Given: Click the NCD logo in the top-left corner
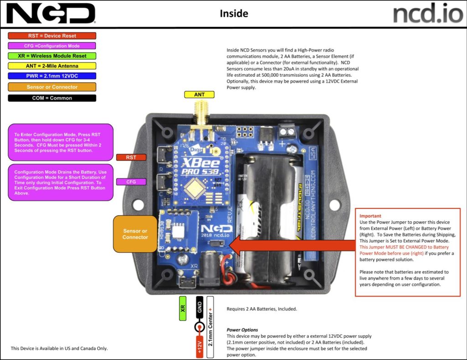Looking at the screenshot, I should [51, 13].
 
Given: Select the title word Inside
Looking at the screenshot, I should [233, 14].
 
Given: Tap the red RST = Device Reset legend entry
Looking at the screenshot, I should [52, 36].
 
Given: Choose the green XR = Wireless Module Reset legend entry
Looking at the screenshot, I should [52, 56].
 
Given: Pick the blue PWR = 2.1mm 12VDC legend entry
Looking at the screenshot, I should [52, 76].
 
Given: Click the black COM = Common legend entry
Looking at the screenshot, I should [52, 98].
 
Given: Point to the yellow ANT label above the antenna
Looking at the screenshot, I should [199, 94].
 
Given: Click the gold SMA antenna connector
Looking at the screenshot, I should [199, 112].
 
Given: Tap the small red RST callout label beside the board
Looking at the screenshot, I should [131, 157].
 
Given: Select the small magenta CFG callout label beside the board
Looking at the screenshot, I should [131, 182].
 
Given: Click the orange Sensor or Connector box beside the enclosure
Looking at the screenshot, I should [135, 234].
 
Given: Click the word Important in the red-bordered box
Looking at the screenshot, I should [370, 216].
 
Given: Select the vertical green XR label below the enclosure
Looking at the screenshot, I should [183, 308].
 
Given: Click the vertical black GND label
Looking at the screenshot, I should [199, 308].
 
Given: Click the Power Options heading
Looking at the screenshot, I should [242, 330].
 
